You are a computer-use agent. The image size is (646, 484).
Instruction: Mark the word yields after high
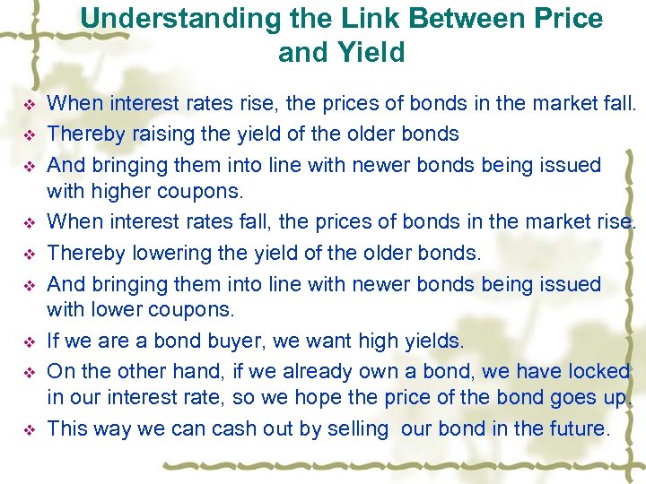430,341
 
